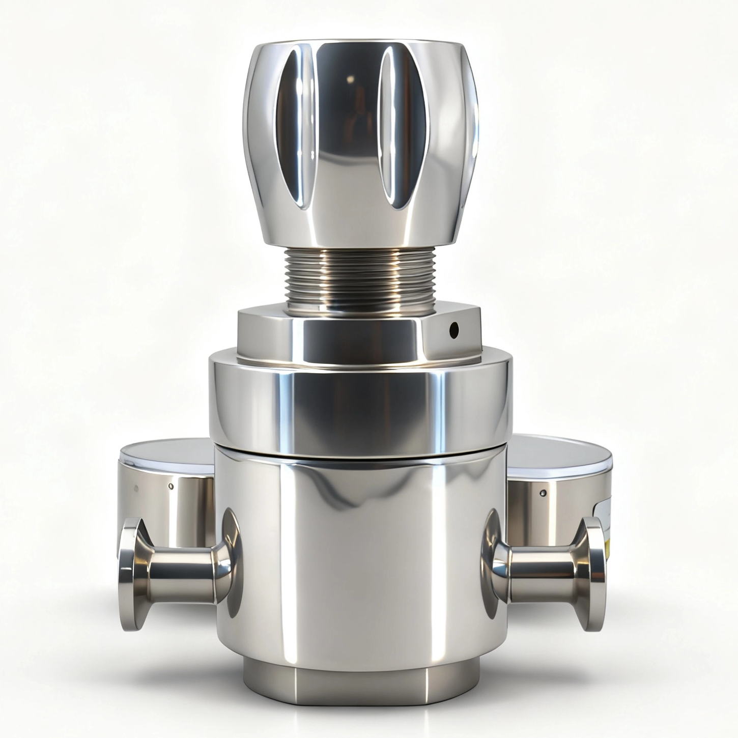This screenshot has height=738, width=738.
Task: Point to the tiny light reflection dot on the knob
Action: tap(351, 79)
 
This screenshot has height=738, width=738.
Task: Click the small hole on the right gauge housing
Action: tap(544, 493)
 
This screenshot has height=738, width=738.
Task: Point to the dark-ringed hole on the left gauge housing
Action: tap(171, 486)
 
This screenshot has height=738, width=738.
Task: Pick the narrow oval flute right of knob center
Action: tap(394, 127)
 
